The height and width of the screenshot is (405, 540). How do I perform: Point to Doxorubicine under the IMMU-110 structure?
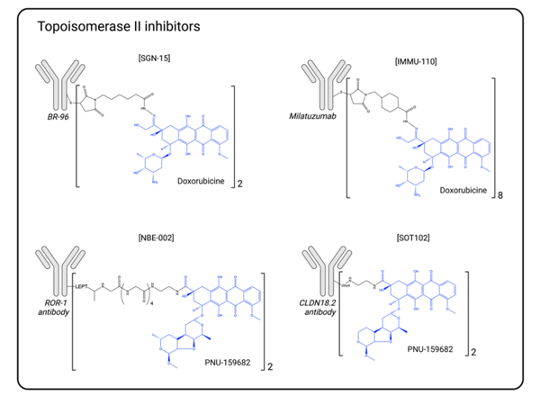tap(463, 191)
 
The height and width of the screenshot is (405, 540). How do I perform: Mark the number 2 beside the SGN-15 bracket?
tap(239, 184)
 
